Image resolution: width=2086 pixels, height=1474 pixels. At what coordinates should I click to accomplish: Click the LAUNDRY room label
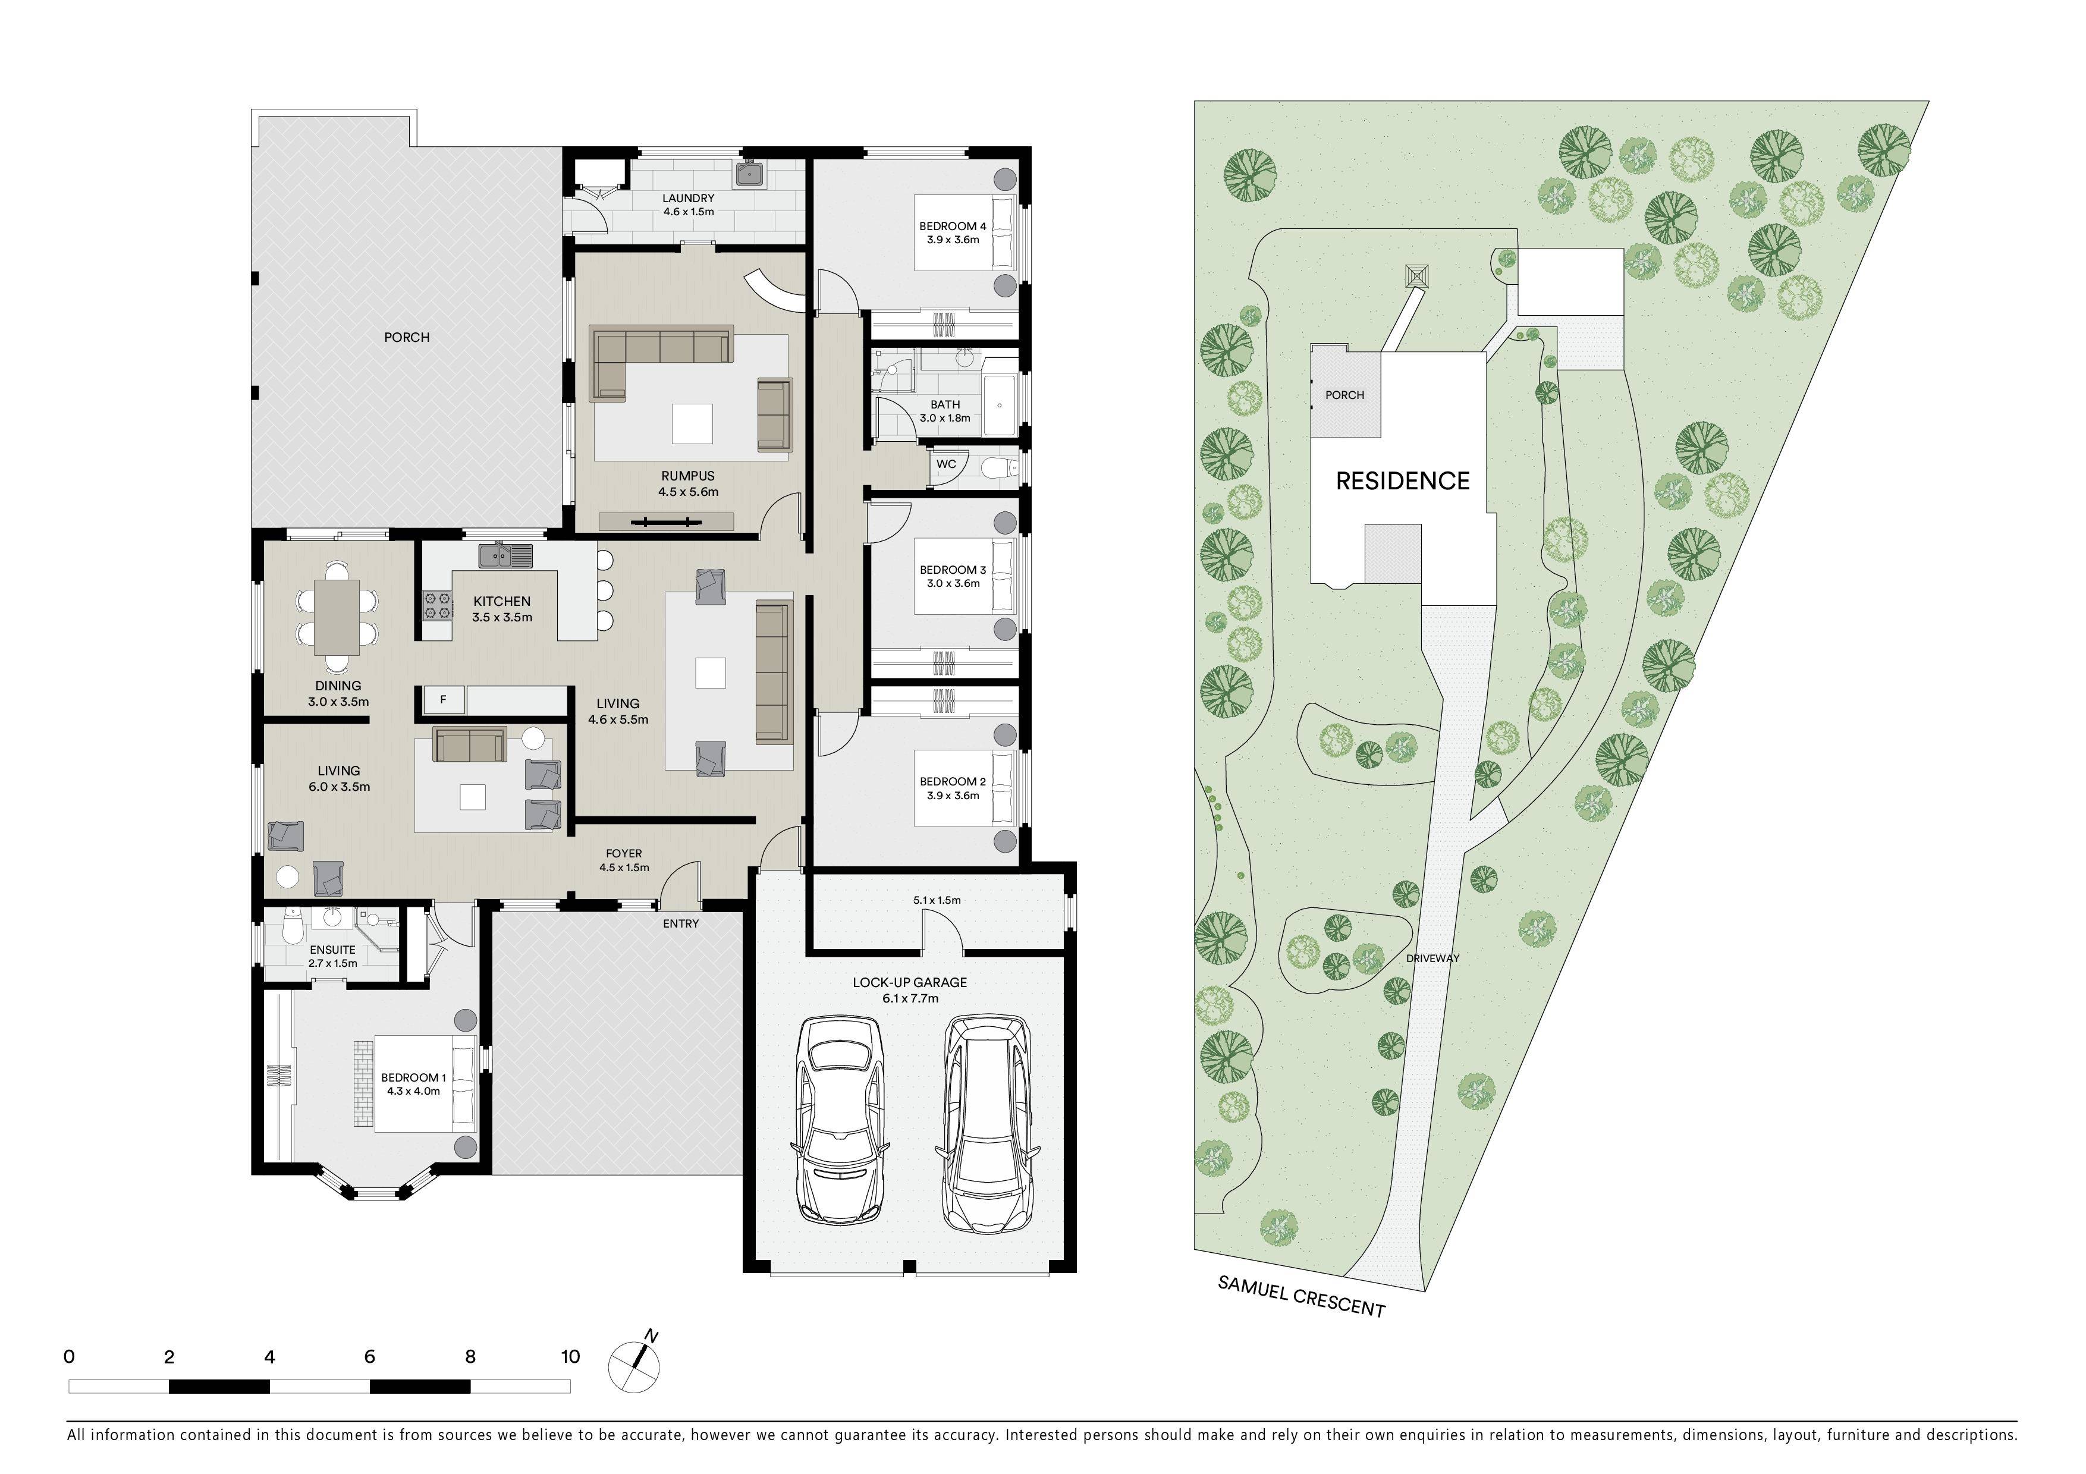click(688, 198)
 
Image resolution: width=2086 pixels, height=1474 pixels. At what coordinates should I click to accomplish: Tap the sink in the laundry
click(749, 174)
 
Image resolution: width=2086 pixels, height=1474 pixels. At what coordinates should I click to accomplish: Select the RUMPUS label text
click(688, 476)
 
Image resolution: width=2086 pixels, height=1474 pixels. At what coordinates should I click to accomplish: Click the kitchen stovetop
click(437, 606)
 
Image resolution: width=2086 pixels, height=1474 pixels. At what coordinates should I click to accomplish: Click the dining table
click(337, 617)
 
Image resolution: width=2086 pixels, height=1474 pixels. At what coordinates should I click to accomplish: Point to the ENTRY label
click(680, 923)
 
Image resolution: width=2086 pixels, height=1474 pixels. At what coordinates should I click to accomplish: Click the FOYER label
click(624, 854)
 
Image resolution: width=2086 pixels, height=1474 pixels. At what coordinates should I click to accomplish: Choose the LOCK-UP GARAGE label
click(909, 983)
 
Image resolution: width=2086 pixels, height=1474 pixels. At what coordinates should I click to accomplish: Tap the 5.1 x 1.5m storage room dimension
click(937, 900)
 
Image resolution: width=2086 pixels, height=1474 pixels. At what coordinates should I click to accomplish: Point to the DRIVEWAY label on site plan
click(1432, 958)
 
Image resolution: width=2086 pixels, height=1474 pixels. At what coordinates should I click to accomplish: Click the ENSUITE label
click(332, 950)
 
